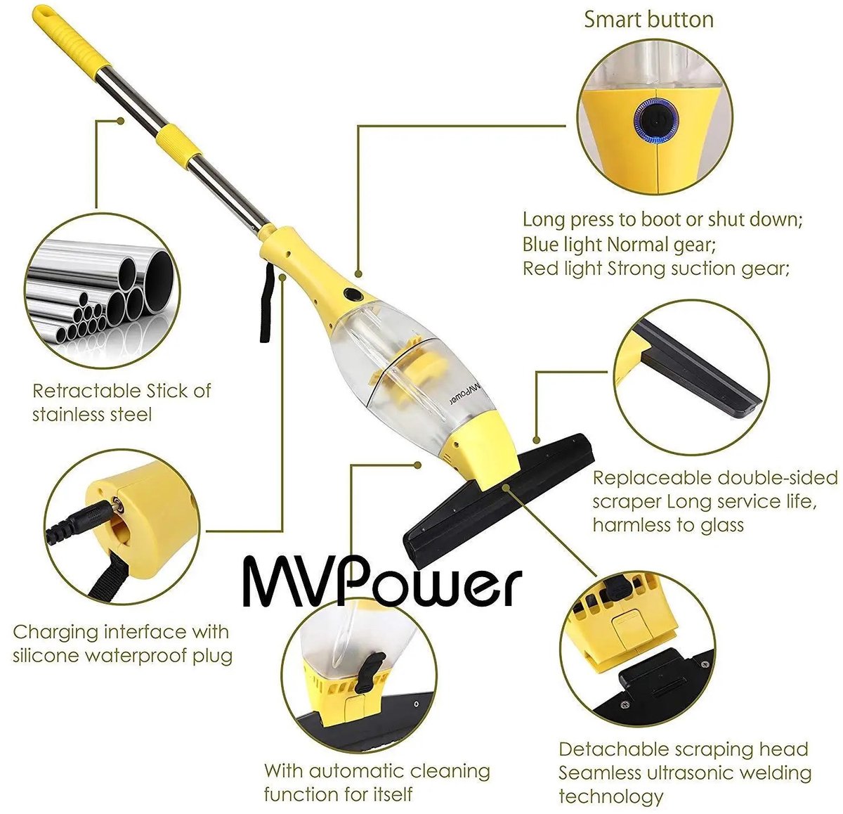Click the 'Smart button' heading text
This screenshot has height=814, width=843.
648,20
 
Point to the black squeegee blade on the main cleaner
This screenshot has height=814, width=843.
498,500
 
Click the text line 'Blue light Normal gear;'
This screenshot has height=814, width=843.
619,245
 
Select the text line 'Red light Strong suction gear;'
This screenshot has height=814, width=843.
656,269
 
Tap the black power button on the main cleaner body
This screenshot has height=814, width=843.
353,294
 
